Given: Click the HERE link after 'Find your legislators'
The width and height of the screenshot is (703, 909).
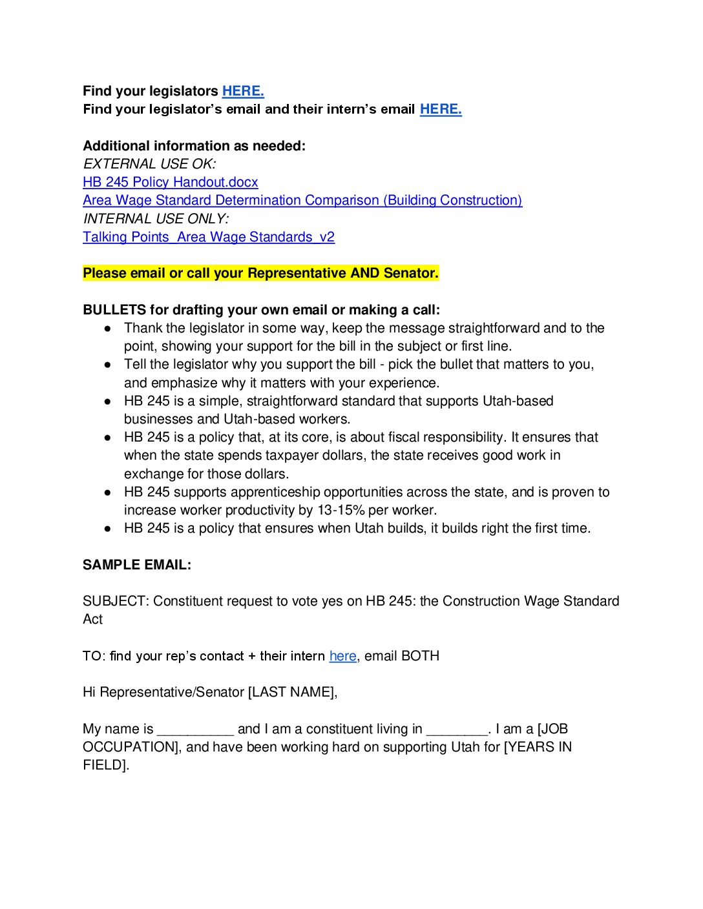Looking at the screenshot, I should click(x=243, y=91).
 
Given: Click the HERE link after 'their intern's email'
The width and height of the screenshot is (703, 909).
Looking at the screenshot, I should click(x=441, y=109).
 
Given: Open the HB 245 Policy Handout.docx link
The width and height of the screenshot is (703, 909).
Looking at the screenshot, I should click(x=171, y=182).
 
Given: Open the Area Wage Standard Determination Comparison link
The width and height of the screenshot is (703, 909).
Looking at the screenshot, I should click(x=302, y=200).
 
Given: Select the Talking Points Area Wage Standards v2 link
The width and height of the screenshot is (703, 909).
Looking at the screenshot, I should click(x=209, y=237).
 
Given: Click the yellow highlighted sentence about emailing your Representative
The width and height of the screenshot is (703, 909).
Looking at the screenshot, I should click(x=260, y=273).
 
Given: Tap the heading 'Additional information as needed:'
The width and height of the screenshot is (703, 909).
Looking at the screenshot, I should click(x=194, y=146).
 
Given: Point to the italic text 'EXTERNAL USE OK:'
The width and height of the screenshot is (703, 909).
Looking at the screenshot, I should click(x=149, y=164).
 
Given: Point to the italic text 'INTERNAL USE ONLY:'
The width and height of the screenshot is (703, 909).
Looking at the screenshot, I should click(x=156, y=219).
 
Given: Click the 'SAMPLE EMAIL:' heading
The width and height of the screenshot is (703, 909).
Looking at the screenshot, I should click(x=137, y=565).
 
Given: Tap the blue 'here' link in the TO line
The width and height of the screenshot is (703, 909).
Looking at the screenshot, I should click(x=342, y=656).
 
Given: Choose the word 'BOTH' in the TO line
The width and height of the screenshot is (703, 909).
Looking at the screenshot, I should click(x=420, y=656).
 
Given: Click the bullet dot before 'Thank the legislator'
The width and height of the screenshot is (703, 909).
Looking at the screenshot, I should click(x=108, y=329).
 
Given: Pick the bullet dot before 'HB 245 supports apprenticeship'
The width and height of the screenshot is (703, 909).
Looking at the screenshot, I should click(x=108, y=493).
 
